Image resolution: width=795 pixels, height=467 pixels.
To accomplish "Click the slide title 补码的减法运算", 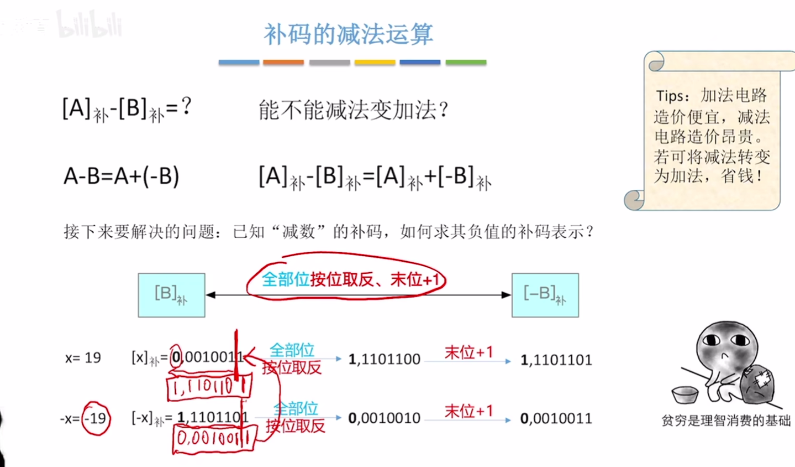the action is [x=348, y=34].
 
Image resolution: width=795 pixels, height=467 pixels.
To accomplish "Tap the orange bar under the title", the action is [x=283, y=63].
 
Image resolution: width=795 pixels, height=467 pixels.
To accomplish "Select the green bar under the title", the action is [x=466, y=63].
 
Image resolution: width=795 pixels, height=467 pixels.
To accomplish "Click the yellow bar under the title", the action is [x=375, y=63].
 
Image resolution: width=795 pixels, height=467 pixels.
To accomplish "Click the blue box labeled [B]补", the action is [x=171, y=295].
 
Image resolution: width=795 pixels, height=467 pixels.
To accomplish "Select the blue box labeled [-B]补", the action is [x=545, y=295].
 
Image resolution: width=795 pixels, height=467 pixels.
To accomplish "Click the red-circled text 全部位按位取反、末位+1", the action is [x=349, y=279].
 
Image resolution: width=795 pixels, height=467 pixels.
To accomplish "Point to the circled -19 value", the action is [x=97, y=418].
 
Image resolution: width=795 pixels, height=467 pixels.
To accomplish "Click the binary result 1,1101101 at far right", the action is [x=556, y=360].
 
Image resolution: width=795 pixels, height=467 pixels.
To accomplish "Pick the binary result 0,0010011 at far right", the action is [x=556, y=419].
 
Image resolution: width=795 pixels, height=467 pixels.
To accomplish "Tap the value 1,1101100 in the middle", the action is [x=385, y=360].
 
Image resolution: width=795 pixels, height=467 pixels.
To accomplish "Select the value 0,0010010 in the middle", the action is [x=385, y=418].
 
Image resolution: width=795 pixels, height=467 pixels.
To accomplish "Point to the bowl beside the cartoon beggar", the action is [x=685, y=394].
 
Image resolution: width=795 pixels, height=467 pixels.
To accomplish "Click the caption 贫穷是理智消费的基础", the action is [x=726, y=421].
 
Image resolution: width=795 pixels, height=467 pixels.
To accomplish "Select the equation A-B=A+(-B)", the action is [x=122, y=177].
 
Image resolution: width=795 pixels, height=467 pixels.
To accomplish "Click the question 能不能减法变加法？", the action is [x=354, y=110].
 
